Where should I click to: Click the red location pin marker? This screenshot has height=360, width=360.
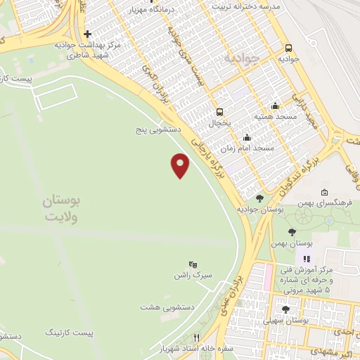181,165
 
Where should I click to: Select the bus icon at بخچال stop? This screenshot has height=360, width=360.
220,111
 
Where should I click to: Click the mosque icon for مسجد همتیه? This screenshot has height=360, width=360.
276,105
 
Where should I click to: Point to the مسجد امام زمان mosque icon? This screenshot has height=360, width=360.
246,138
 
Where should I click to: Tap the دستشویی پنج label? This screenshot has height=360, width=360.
159,130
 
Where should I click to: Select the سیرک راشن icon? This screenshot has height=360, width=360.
193,264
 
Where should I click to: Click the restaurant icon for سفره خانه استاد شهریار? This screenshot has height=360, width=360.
197,337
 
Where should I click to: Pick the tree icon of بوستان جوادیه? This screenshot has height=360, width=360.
260,198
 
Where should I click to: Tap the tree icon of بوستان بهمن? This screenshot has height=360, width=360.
292,231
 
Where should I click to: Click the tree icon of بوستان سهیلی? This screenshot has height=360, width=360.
285,309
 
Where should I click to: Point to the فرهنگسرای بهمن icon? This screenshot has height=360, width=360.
324,193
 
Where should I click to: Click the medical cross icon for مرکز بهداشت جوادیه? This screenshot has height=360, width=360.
86,33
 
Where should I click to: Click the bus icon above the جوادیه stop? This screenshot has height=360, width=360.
288,48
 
